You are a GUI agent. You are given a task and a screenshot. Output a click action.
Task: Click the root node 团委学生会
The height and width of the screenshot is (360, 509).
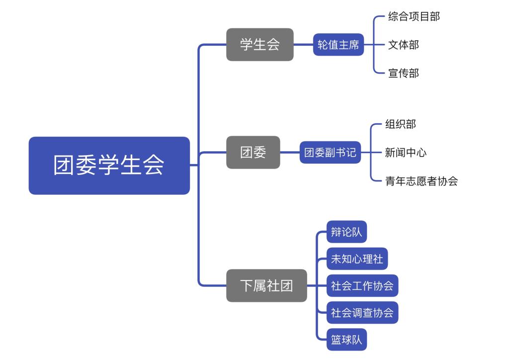(109, 166)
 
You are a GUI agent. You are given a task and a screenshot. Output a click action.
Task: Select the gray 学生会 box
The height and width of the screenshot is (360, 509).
(259, 45)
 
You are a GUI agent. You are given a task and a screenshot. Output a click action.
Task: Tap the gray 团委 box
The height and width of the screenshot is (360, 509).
(253, 152)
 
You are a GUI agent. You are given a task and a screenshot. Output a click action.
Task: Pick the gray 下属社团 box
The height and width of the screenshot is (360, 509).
(266, 285)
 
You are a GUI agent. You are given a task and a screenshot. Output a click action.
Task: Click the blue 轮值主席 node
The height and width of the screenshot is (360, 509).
(338, 45)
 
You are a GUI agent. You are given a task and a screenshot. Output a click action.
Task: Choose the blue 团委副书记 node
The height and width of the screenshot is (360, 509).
(330, 152)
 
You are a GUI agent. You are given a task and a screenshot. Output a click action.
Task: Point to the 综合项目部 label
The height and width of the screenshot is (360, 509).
(414, 16)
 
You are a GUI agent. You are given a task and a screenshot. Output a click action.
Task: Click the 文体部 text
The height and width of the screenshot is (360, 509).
(403, 45)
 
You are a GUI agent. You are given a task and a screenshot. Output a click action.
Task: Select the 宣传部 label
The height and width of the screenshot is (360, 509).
(403, 73)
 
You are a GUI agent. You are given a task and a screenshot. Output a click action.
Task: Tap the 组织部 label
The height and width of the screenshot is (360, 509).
(400, 124)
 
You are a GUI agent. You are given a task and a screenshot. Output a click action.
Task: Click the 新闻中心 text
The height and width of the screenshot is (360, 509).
(406, 152)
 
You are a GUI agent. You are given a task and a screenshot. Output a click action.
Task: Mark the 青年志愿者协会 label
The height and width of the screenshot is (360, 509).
(421, 181)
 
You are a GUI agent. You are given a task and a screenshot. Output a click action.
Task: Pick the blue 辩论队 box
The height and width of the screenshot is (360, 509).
(346, 232)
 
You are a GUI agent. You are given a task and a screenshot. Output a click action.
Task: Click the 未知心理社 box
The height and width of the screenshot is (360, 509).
(357, 259)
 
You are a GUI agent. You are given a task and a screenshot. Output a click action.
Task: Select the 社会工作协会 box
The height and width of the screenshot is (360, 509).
(362, 286)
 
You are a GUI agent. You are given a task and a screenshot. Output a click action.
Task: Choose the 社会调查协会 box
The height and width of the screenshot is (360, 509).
(362, 313)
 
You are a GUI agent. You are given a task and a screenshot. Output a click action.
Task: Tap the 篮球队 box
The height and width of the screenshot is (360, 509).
(346, 340)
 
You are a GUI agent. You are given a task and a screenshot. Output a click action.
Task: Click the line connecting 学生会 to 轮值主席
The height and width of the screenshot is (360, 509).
(303, 45)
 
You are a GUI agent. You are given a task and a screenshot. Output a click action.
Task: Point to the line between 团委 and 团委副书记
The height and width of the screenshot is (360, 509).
(290, 152)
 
